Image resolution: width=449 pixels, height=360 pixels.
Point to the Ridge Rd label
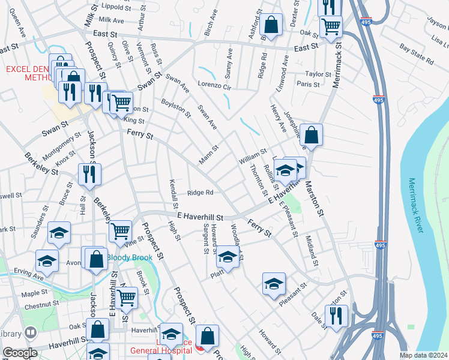[x=200, y=193]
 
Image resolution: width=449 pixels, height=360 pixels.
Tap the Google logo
[x=20, y=353]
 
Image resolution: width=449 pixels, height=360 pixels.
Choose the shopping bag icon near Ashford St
[x=272, y=25]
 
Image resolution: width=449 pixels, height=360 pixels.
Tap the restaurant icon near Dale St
[x=336, y=315]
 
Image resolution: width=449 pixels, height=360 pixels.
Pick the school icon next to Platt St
[x=228, y=257]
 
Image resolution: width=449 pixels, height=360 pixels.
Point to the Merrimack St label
[x=336, y=65]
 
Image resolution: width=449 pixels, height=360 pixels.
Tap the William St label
[x=252, y=159]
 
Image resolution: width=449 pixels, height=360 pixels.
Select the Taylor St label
[x=318, y=74]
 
